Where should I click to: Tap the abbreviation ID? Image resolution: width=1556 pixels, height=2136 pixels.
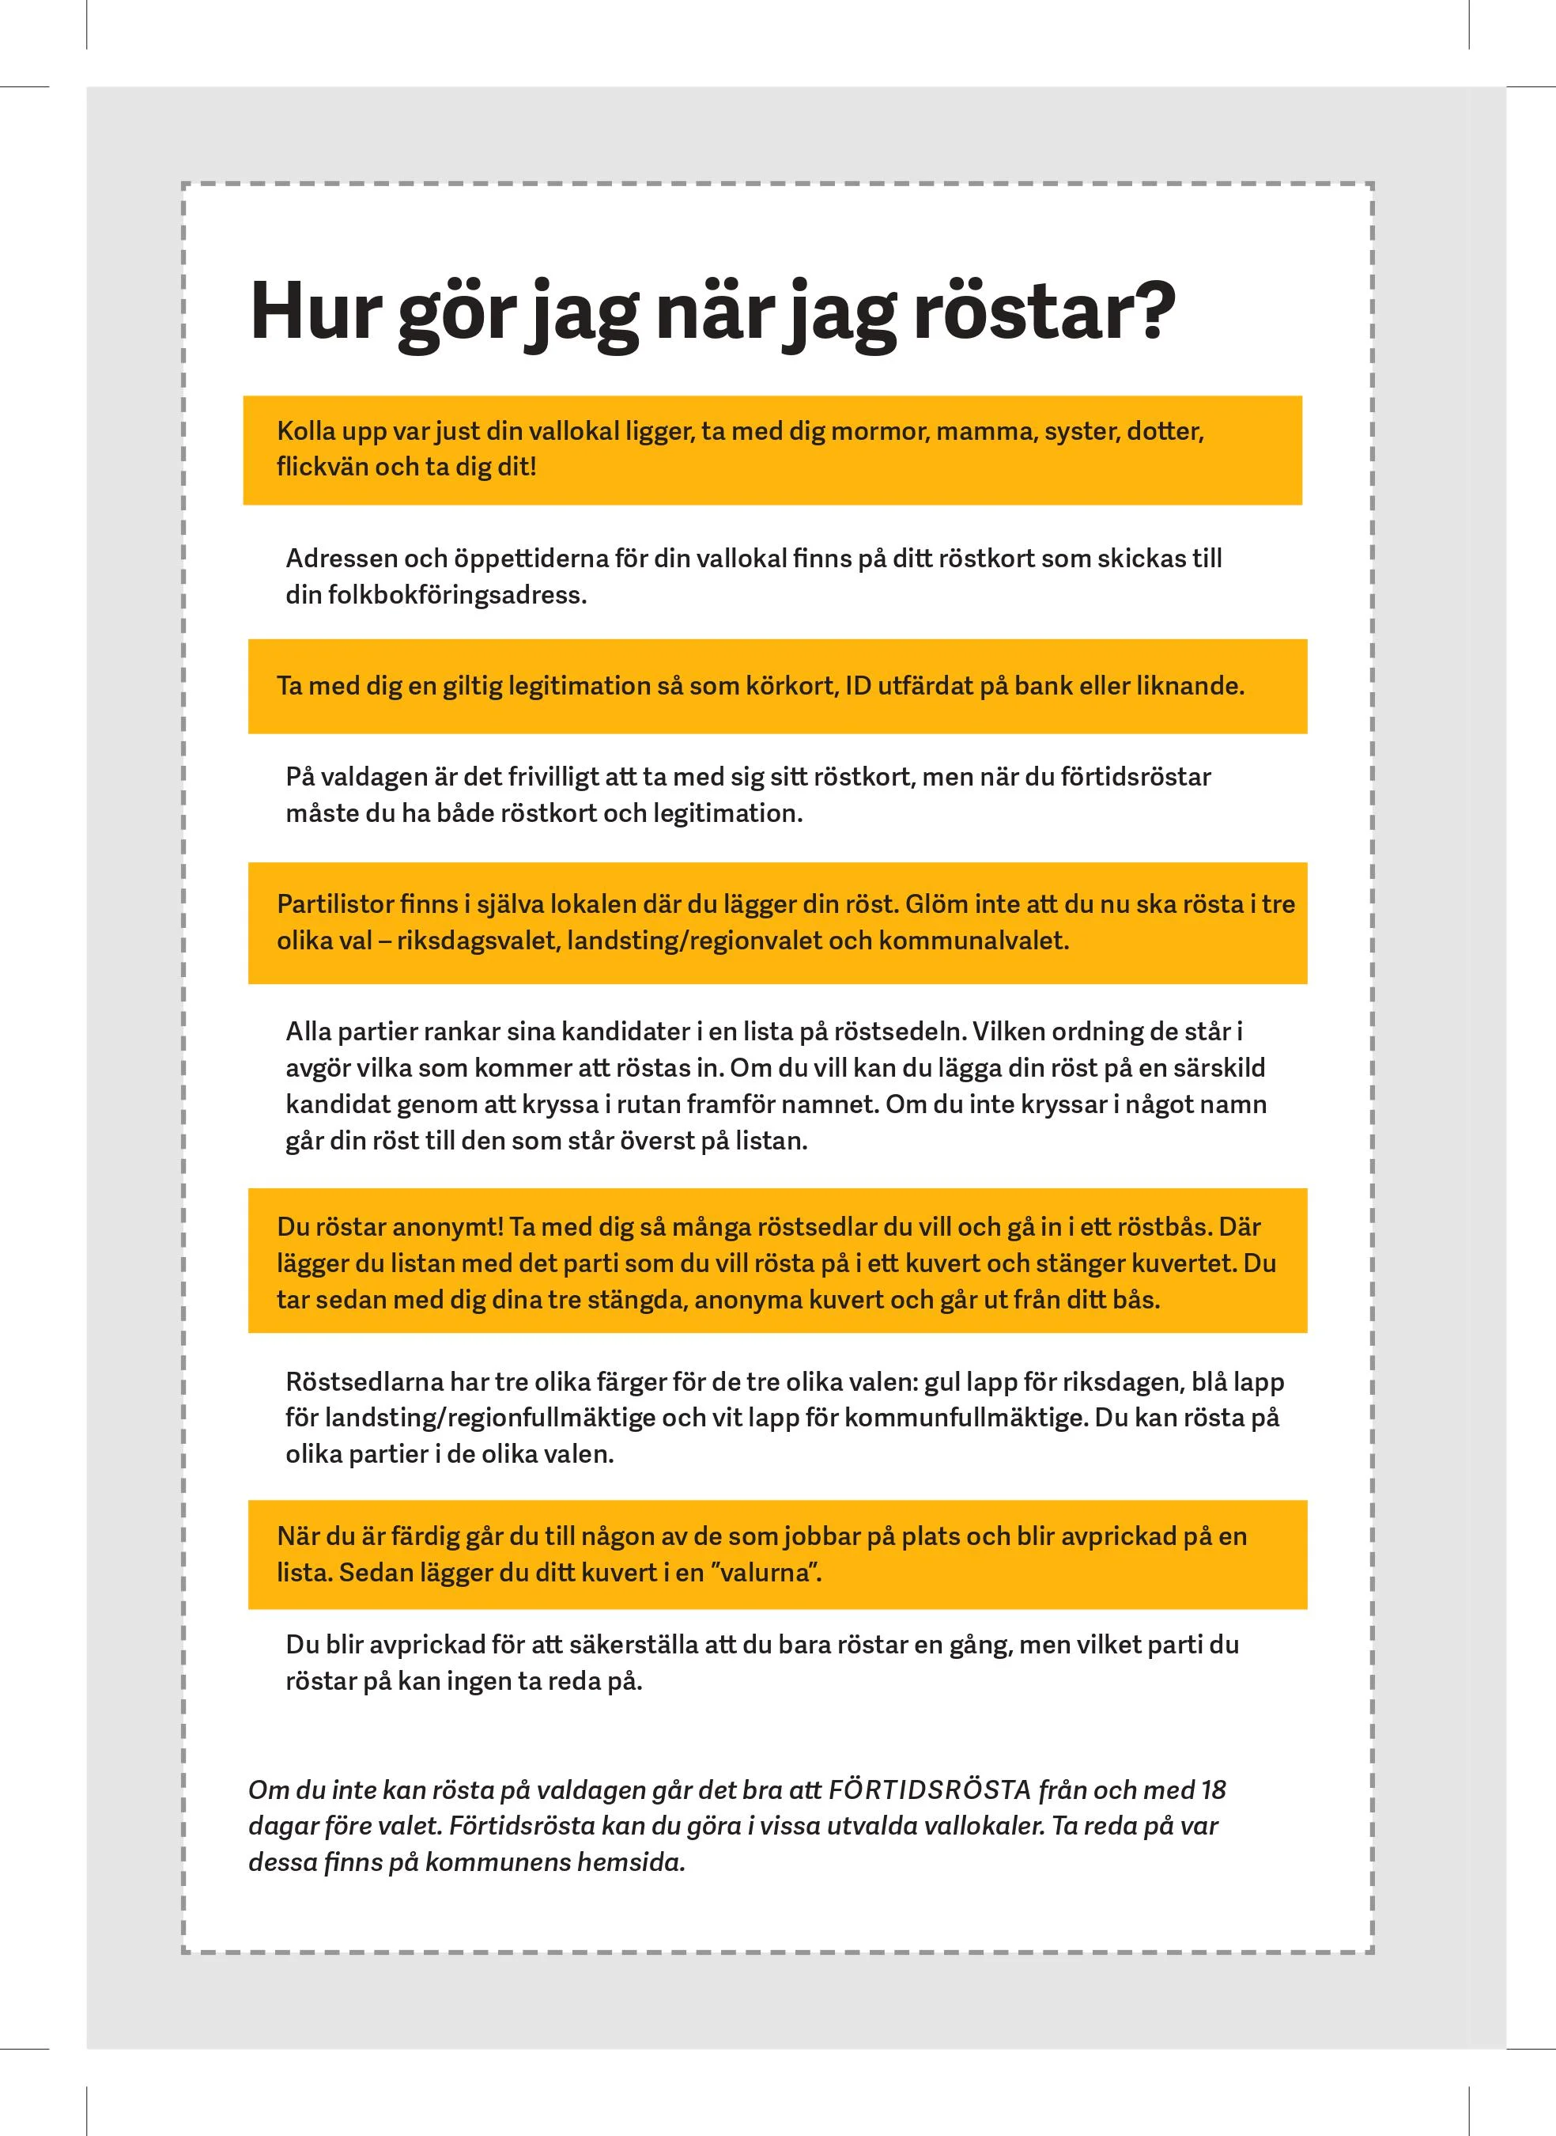tap(858, 686)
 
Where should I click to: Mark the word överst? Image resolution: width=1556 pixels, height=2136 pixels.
tap(659, 1141)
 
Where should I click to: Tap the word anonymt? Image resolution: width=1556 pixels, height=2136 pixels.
tap(448, 1227)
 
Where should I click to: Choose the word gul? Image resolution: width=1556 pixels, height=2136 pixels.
tap(942, 1382)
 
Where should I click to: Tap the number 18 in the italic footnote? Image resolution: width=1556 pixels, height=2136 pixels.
tap(1212, 1790)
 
